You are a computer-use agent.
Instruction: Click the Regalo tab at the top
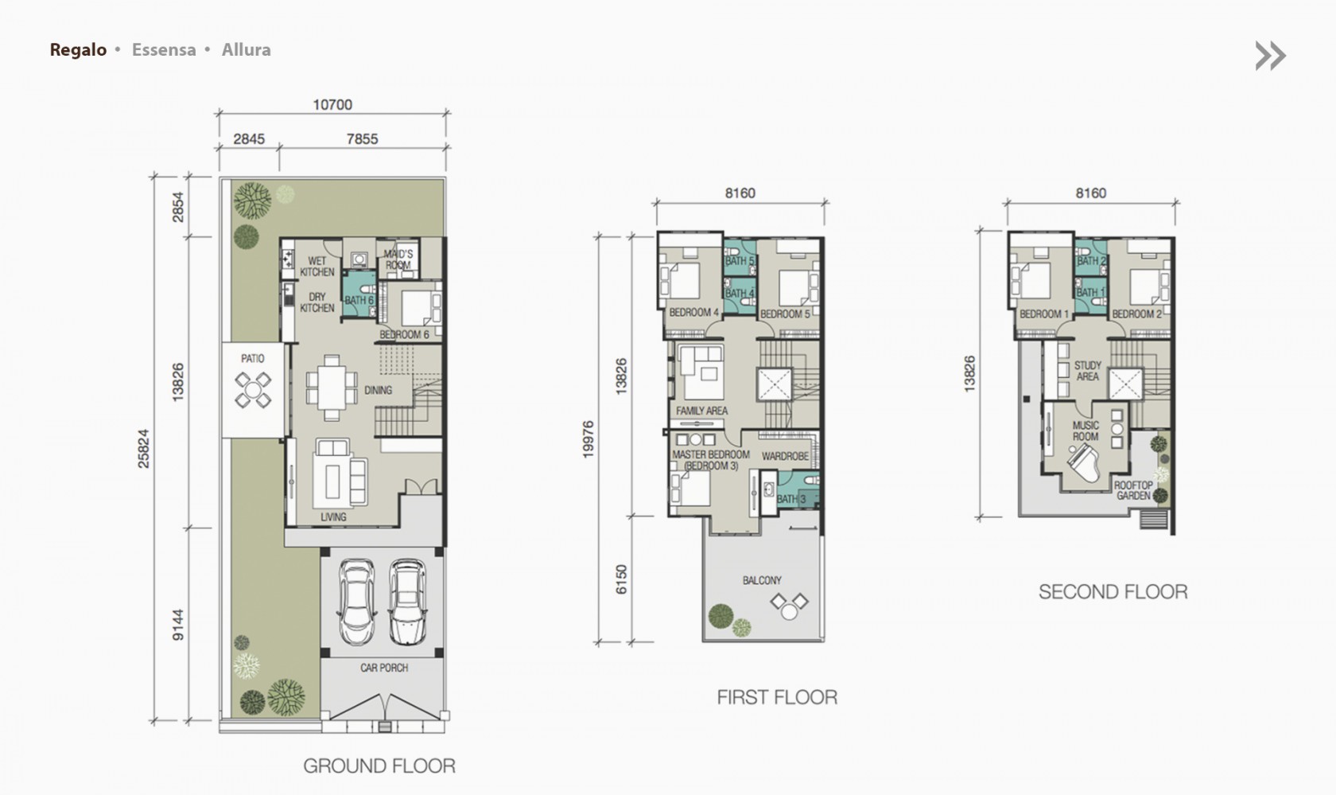pyautogui.click(x=78, y=49)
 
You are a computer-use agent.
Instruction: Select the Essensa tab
pyautogui.click(x=164, y=49)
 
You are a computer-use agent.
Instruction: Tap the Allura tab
pyautogui.click(x=247, y=49)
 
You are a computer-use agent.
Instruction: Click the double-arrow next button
pyautogui.click(x=1271, y=56)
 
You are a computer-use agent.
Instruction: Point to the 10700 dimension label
pyautogui.click(x=332, y=105)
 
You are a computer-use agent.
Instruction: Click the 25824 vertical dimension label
pyautogui.click(x=144, y=449)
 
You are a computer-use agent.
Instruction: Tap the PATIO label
pyautogui.click(x=253, y=359)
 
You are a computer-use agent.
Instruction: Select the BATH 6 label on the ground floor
pyautogui.click(x=359, y=300)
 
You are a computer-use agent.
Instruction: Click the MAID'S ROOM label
pyautogui.click(x=398, y=259)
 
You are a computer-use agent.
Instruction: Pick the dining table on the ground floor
pyautogui.click(x=332, y=388)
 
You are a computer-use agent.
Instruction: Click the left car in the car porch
pyautogui.click(x=356, y=602)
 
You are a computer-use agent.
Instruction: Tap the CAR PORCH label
pyautogui.click(x=384, y=668)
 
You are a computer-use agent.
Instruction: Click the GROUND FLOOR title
pyautogui.click(x=379, y=766)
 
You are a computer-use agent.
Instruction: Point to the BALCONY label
pyautogui.click(x=762, y=580)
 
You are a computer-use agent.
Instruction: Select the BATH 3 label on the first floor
pyautogui.click(x=791, y=499)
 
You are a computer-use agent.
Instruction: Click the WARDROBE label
pyautogui.click(x=786, y=456)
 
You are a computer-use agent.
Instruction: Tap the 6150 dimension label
pyautogui.click(x=622, y=579)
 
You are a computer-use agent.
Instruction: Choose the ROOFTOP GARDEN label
pyautogui.click(x=1133, y=490)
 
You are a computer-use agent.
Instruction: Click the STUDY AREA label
pyautogui.click(x=1088, y=371)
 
